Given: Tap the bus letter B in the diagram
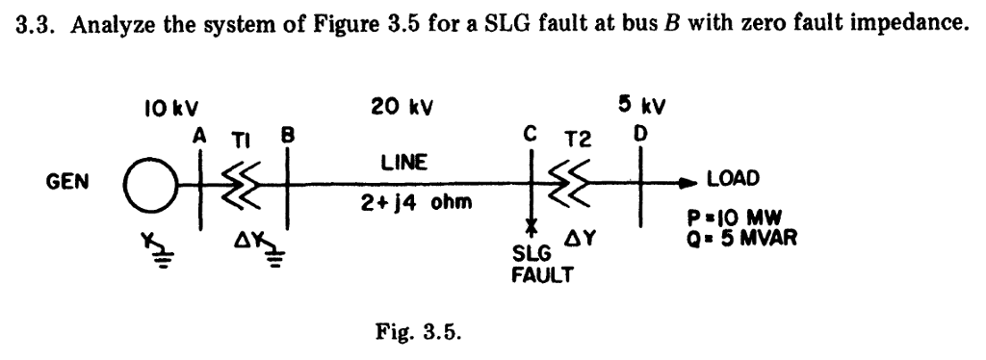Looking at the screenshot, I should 285,138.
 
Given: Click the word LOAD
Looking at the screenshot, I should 733,179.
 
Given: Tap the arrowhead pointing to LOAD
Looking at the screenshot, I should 691,180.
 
